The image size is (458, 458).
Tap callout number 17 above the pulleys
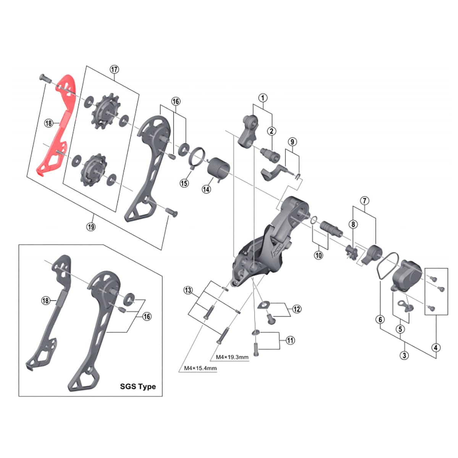pyautogui.click(x=114, y=69)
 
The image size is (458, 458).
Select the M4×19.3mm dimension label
pyautogui.click(x=232, y=357)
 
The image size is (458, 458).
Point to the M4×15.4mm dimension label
pyautogui.click(x=200, y=368)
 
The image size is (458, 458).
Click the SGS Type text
pyautogui.click(x=138, y=386)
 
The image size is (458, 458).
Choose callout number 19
pyautogui.click(x=90, y=227)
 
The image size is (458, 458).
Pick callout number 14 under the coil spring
pyautogui.click(x=206, y=189)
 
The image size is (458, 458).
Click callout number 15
pyautogui.click(x=184, y=183)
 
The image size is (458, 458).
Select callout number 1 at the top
pyautogui.click(x=263, y=98)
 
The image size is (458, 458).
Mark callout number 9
pyautogui.click(x=292, y=142)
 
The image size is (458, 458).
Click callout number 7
pyautogui.click(x=364, y=200)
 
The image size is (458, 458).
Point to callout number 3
pyautogui.click(x=404, y=355)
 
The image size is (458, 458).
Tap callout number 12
pyautogui.click(x=297, y=309)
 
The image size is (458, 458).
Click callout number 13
pyautogui.click(x=188, y=290)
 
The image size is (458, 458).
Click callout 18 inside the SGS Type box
pyautogui.click(x=46, y=301)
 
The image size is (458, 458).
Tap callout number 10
pyautogui.click(x=318, y=255)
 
